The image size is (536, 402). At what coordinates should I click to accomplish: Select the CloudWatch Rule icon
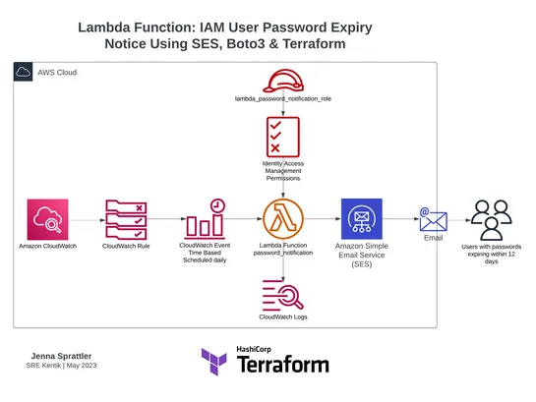pos(127,218)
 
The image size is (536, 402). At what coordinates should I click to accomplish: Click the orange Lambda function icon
pos(282,218)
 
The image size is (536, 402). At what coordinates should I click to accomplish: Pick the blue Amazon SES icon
pos(360,218)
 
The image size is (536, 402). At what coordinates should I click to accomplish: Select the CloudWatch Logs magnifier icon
pos(282,295)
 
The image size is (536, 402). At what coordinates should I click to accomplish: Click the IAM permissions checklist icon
pos(282,136)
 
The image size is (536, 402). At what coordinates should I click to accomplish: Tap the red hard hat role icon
pos(282,80)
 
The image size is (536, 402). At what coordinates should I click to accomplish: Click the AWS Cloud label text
pos(58,73)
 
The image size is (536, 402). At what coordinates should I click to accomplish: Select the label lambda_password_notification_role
pos(282,100)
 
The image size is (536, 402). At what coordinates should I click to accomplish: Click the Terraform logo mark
pos(214,362)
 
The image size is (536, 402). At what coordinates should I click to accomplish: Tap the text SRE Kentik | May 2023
pos(62,366)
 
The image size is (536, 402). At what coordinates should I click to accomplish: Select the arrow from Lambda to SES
pos(321,218)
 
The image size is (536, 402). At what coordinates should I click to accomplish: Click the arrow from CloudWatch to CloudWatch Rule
pos(88,218)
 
